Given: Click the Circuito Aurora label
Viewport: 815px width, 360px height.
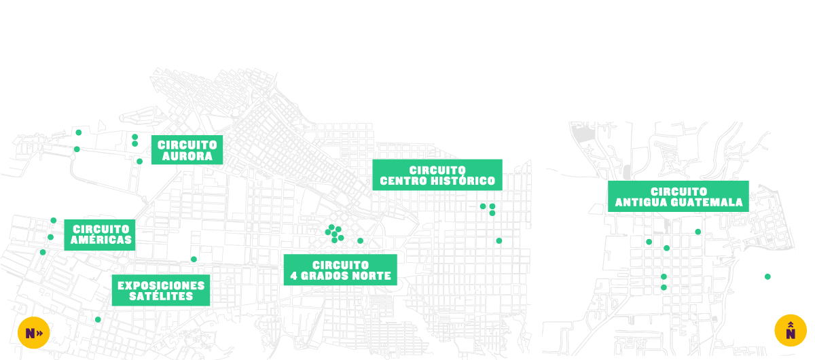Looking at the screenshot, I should pos(187,150).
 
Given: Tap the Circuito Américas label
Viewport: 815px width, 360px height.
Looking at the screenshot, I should pos(101,235).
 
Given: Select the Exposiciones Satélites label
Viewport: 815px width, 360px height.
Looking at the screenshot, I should pos(160,291).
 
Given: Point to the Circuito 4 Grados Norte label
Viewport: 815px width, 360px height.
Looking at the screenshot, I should pos(340,270).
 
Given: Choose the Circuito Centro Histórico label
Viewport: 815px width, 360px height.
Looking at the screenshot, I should pos(437,175).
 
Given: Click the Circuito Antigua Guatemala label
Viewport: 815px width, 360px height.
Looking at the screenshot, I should pos(678,197).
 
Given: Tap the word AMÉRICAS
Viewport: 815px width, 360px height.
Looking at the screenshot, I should pos(101,240).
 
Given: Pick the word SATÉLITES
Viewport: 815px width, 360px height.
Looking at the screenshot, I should pos(161,297).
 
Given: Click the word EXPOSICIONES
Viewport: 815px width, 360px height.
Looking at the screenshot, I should pos(161,285).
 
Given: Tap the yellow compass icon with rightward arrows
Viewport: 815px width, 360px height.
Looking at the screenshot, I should pos(33,333).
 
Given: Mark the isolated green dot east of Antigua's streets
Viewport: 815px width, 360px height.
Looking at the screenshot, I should pos(767,276).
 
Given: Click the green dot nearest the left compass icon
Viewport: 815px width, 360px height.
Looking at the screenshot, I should pos(98,319).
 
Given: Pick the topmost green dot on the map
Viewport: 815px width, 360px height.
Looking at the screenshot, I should pos(79,132).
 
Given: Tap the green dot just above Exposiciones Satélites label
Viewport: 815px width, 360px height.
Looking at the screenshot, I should pos(194,259).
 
